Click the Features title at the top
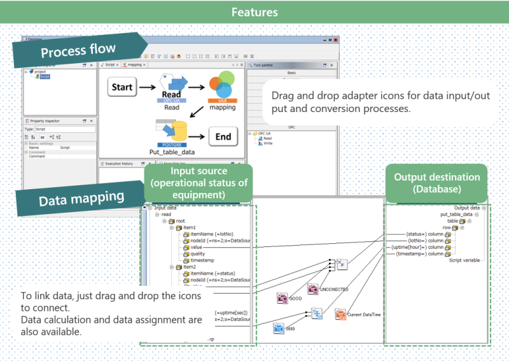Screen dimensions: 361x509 (254, 12)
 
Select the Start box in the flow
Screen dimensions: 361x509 (122, 87)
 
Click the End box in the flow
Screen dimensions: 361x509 (223, 136)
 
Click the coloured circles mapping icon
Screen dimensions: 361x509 (223, 86)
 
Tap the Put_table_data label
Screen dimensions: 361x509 (172, 152)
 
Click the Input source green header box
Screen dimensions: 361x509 (199, 183)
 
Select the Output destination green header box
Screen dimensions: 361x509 (436, 183)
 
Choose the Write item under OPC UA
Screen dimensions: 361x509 (268, 143)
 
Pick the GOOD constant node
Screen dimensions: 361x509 (284, 297)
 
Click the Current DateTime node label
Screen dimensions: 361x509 (363, 315)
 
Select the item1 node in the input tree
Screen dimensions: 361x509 (190, 227)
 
